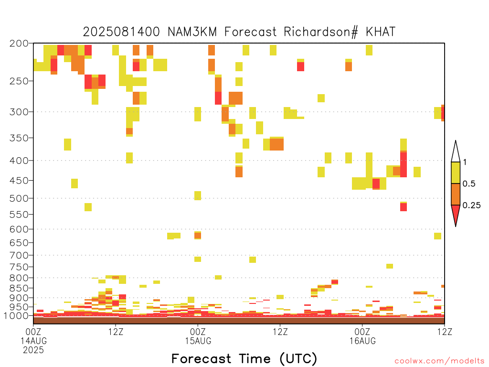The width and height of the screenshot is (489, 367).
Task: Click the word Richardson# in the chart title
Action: [321, 32]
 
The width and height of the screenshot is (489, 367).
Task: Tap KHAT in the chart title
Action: [381, 32]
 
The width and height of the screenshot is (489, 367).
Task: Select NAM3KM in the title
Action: [192, 32]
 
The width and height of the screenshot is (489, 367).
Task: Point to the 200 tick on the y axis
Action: [19, 43]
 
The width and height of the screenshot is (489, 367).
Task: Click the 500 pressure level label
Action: [19, 198]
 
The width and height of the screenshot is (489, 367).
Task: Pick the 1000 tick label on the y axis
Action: [16, 315]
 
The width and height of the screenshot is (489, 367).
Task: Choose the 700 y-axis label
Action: [19, 255]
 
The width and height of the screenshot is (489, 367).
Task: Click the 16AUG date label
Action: [362, 341]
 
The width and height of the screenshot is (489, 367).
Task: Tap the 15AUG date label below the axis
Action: [198, 341]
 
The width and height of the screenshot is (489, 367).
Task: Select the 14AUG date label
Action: [34, 341]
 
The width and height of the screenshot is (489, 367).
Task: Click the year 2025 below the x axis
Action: [33, 350]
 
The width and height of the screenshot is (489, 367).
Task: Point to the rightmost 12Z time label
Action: [445, 332]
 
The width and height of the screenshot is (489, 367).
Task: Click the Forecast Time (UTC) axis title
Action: [244, 358]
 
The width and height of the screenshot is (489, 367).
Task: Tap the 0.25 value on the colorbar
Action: [471, 205]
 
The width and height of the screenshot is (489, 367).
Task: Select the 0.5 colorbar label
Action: [469, 183]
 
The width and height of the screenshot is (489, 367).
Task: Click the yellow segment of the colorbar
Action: [456, 173]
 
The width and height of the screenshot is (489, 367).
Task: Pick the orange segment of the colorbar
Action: [456, 194]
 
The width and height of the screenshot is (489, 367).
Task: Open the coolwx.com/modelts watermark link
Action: [437, 361]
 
